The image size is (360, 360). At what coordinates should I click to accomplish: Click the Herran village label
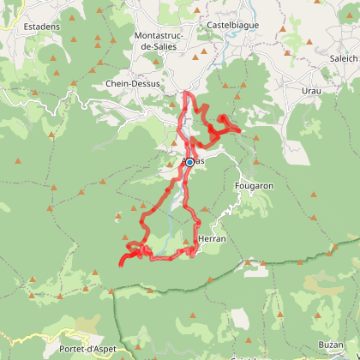coord(211,239)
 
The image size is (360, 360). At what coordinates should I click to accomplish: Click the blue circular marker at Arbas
coord(189,162)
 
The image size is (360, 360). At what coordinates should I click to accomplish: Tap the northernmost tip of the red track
coord(186,93)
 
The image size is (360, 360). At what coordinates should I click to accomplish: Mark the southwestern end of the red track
coord(120,264)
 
